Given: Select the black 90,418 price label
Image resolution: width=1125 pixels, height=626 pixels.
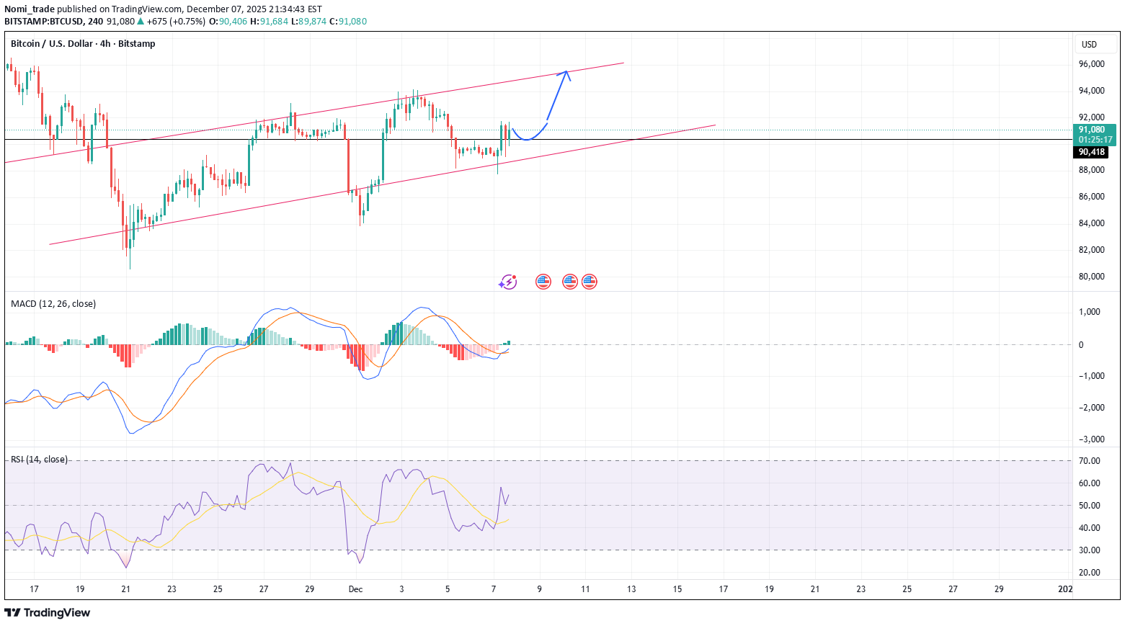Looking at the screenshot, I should [x=1091, y=152].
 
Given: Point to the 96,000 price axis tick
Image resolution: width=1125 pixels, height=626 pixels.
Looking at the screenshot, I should [x=1091, y=64].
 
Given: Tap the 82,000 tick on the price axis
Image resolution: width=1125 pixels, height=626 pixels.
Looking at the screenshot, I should [x=1091, y=250].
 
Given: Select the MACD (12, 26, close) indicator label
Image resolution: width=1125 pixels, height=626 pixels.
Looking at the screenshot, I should [x=53, y=304].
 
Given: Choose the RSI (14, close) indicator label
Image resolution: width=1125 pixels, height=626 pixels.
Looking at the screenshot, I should [x=39, y=460].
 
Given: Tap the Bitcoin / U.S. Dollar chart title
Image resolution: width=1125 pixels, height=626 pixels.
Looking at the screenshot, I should [x=83, y=44].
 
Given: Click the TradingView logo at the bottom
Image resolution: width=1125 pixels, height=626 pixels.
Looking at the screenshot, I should [x=48, y=612].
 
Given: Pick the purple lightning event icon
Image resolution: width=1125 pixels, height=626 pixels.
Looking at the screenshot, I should [x=508, y=282].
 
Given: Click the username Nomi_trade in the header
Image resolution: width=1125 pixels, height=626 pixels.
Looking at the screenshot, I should [x=29, y=9].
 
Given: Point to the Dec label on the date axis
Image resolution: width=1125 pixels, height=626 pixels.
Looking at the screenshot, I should [x=355, y=589].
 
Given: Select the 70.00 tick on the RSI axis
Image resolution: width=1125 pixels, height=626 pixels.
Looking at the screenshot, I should [x=1089, y=461].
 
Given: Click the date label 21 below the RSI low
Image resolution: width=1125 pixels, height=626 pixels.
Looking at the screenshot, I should [x=126, y=589].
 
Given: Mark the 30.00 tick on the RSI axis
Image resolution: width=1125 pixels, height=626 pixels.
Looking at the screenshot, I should [x=1089, y=550].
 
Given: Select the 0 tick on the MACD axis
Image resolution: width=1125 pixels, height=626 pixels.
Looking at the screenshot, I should [x=1080, y=345].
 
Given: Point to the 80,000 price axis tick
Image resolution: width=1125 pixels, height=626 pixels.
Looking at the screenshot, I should [x=1091, y=277].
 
